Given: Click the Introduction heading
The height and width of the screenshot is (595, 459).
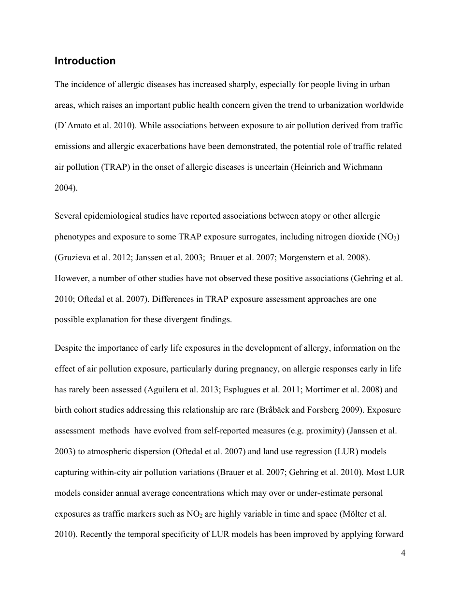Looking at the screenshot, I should click(x=85, y=61).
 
